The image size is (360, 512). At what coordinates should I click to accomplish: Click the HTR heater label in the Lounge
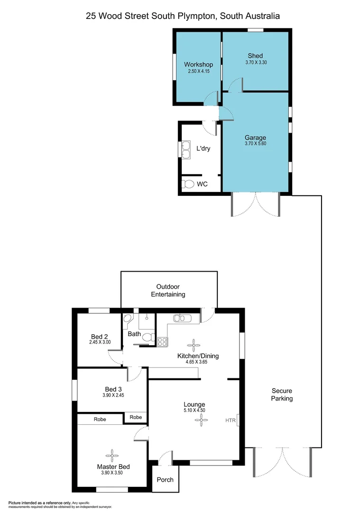[x=230, y=420]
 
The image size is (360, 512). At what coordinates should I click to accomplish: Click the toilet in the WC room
[x=188, y=184]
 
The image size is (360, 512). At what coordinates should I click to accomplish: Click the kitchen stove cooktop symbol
[x=162, y=340]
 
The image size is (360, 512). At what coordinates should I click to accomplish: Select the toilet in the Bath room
[x=148, y=338]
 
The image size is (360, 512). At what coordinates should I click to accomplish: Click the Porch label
[x=166, y=479]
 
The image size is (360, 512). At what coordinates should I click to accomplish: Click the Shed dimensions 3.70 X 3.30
[x=256, y=62]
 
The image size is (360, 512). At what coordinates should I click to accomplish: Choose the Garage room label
[x=255, y=138]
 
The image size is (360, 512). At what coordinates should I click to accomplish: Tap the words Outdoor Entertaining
[x=168, y=291]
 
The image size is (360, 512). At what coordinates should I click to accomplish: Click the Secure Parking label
[x=282, y=394]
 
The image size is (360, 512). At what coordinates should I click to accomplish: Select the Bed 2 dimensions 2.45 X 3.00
[x=100, y=342]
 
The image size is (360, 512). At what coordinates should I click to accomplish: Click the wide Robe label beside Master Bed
[x=100, y=420]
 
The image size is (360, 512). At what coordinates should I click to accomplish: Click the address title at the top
[x=183, y=16]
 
